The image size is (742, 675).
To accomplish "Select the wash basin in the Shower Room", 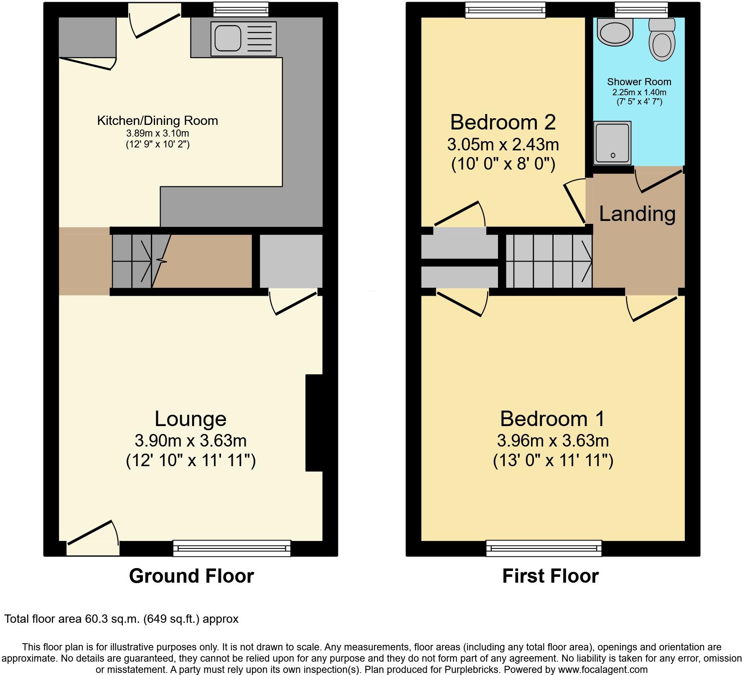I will [615, 32].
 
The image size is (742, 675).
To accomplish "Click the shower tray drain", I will [613, 155].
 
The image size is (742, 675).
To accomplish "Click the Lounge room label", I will [191, 419].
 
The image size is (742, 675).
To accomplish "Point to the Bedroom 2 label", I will [503, 123].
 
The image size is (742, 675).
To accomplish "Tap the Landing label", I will [637, 214].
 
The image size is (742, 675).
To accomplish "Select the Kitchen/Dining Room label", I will [158, 121].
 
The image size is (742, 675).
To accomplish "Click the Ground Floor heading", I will [191, 576].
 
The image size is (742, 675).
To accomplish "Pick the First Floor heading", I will [550, 576].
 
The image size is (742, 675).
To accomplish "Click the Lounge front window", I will [231, 548].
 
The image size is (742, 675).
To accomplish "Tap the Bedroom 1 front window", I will [544, 548].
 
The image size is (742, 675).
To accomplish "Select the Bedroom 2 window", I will [506, 10].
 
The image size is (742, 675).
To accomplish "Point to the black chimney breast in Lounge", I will [314, 423].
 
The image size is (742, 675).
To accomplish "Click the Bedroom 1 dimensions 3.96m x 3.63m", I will [552, 441].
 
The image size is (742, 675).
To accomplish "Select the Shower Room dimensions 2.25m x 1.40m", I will [639, 92].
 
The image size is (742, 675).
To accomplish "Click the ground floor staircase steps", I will [132, 261].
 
